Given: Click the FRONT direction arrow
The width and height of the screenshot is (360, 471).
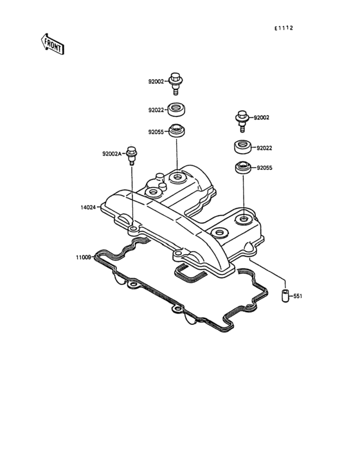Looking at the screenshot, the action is [53, 44].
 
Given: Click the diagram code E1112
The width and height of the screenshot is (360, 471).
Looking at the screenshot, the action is [283, 28].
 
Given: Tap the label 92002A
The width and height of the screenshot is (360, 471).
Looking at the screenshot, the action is [112, 154].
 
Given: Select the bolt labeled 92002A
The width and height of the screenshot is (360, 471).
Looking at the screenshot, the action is [131, 155].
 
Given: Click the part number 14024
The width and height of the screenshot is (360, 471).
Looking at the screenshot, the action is [88, 207].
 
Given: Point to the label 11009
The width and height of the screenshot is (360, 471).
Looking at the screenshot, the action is [84, 257].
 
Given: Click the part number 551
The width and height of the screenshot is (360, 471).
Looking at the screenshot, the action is [298, 296].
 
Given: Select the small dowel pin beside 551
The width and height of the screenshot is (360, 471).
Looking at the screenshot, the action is [285, 296].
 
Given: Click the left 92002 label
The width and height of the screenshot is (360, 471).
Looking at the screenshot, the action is [156, 82].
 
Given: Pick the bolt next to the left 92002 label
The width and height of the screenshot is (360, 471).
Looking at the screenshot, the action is [175, 84].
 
